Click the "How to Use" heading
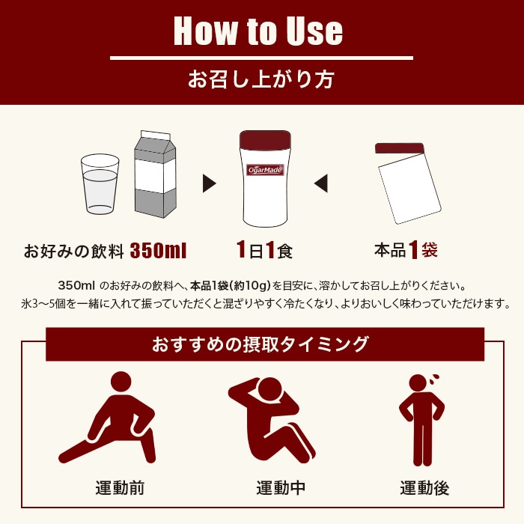pyautogui.click(x=258, y=31)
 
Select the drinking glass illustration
pyautogui.click(x=100, y=184)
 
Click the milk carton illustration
pyautogui.click(x=154, y=176)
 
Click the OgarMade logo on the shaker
pyautogui.click(x=265, y=170)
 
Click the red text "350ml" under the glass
pyautogui.click(x=158, y=250)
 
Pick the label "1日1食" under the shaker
pyautogui.click(x=264, y=250)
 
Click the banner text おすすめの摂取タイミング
pyautogui.click(x=261, y=345)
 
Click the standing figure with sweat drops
pyautogui.click(x=422, y=419)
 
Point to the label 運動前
pyautogui.click(x=120, y=488)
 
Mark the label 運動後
pyautogui.click(x=424, y=488)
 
